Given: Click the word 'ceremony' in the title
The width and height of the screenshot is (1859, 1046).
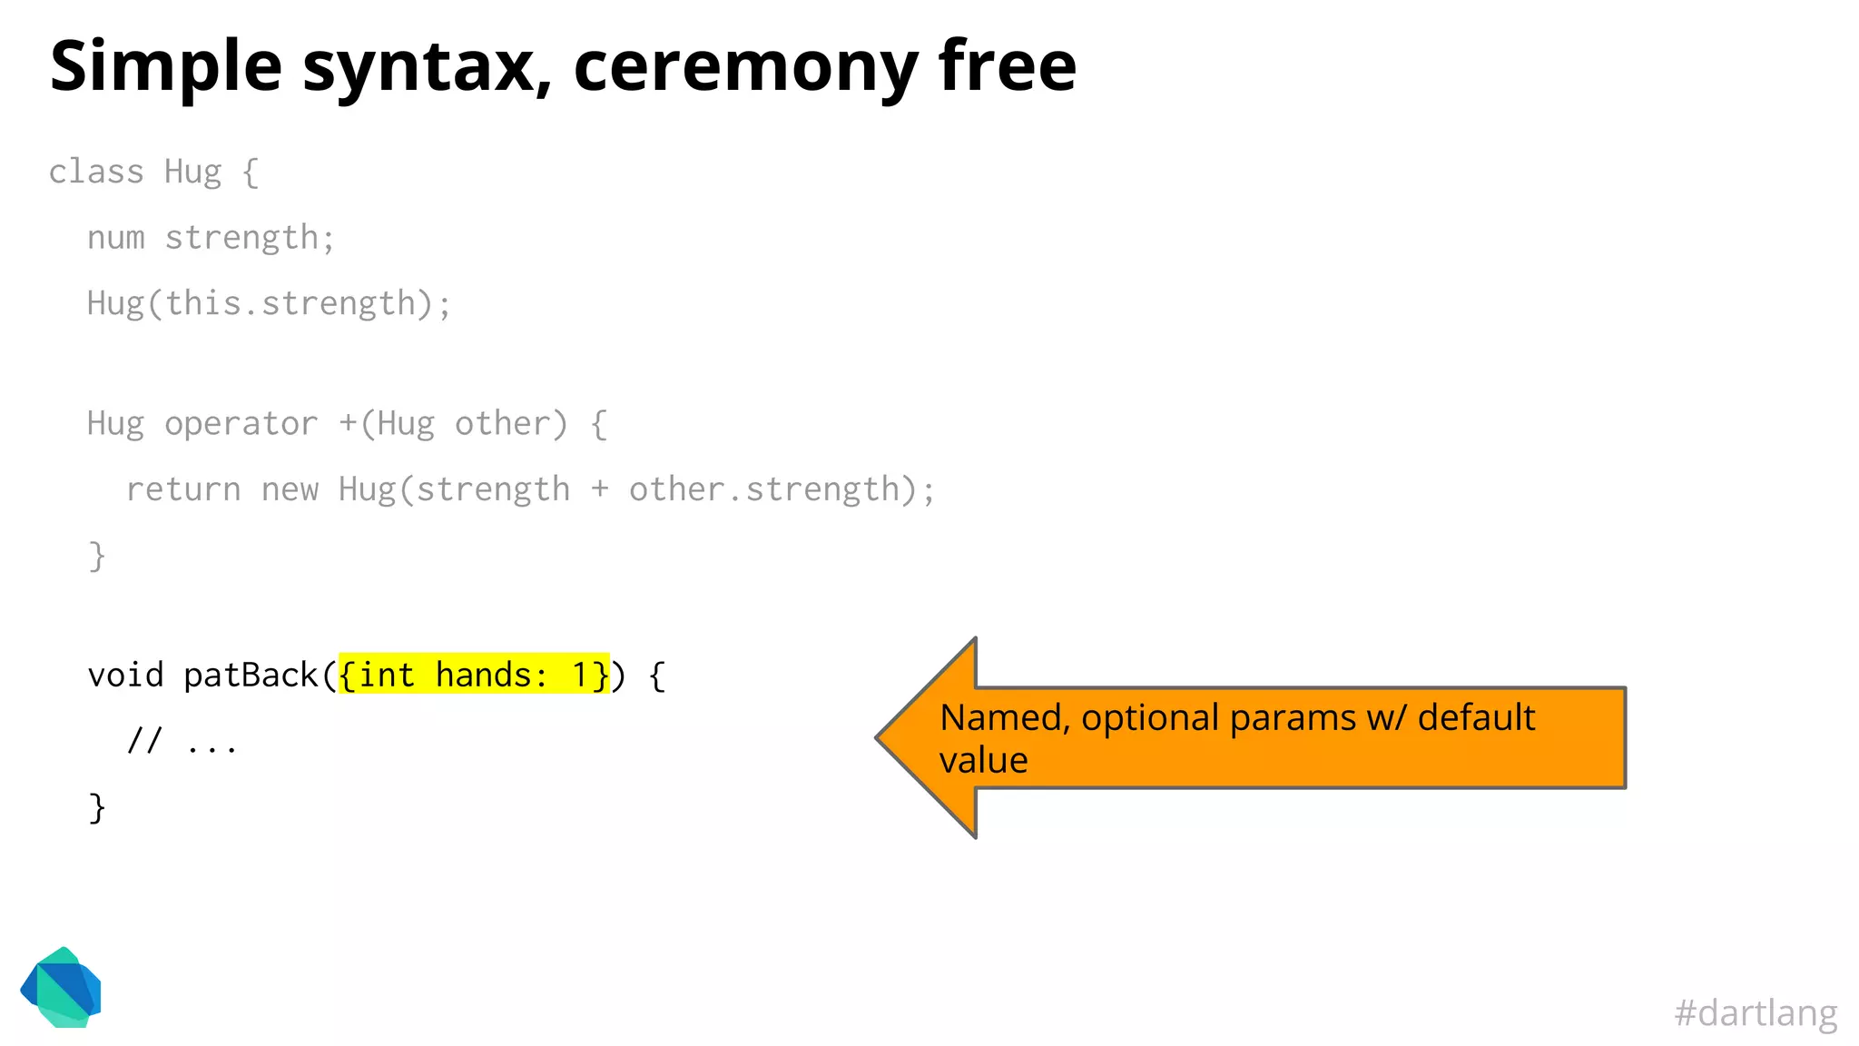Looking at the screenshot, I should (744, 67).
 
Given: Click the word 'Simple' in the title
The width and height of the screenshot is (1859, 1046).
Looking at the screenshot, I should (165, 67).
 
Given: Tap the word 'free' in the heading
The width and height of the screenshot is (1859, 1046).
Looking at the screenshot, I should (1007, 65).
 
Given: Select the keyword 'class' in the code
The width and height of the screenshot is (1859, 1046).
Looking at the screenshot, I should (96, 172).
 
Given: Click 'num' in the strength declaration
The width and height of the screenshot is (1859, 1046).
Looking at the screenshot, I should (115, 238).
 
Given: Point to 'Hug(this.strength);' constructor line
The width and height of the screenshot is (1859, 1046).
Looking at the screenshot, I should (269, 303).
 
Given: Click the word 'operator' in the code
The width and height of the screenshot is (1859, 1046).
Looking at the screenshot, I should (241, 424).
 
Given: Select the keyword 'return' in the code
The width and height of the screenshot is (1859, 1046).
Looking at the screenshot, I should (183, 490).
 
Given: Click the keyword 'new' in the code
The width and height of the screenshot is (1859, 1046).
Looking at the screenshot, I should (290, 490).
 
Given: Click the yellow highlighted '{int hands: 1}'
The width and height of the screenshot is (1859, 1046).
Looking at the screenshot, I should (474, 675).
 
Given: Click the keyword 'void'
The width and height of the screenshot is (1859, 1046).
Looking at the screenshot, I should (125, 675).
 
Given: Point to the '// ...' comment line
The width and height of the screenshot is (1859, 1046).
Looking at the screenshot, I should (182, 743).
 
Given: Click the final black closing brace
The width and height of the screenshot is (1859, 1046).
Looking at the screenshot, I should (97, 807).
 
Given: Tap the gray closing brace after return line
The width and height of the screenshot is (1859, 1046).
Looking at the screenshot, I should (97, 556).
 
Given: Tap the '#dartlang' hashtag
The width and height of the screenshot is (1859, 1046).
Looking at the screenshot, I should (1755, 1012).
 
